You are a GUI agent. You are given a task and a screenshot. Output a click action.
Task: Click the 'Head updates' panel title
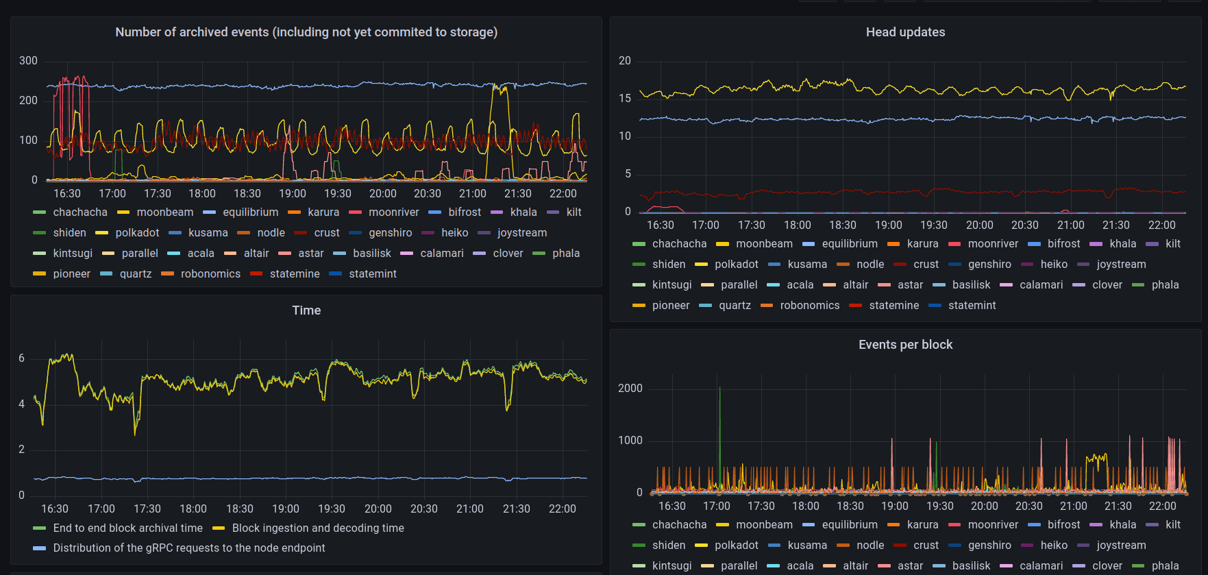(905, 32)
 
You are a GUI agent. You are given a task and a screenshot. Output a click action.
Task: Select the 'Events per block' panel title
(905, 345)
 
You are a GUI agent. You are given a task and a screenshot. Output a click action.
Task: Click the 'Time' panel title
(306, 310)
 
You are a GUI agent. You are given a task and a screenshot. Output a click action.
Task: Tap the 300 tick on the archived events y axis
(28, 61)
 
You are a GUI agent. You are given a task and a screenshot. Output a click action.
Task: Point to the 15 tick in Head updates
(624, 99)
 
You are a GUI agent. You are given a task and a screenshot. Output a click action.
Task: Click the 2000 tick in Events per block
(630, 389)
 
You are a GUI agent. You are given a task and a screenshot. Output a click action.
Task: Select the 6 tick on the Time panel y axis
(22, 358)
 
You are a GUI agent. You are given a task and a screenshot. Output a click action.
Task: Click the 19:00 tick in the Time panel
(286, 509)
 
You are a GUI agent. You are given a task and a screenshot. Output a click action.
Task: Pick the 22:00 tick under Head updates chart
(1161, 225)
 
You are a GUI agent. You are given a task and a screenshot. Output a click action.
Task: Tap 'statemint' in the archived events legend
(372, 274)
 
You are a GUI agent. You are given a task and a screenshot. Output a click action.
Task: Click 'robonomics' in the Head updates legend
(809, 306)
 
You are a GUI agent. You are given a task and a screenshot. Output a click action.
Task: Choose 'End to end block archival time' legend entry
(127, 528)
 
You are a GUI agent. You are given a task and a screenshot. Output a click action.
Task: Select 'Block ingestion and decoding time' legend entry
(318, 528)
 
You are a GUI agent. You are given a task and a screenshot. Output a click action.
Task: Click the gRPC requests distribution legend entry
(189, 548)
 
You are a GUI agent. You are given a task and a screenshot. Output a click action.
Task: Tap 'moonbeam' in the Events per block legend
(764, 525)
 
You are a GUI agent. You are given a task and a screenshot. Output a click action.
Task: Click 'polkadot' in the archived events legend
(137, 233)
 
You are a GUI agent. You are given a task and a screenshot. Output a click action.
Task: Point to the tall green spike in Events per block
(719, 411)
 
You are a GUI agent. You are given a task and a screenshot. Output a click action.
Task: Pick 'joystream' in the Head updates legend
(1121, 265)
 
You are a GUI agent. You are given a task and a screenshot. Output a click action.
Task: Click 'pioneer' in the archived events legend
(71, 274)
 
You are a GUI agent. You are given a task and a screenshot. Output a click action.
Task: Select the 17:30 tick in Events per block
(761, 506)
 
